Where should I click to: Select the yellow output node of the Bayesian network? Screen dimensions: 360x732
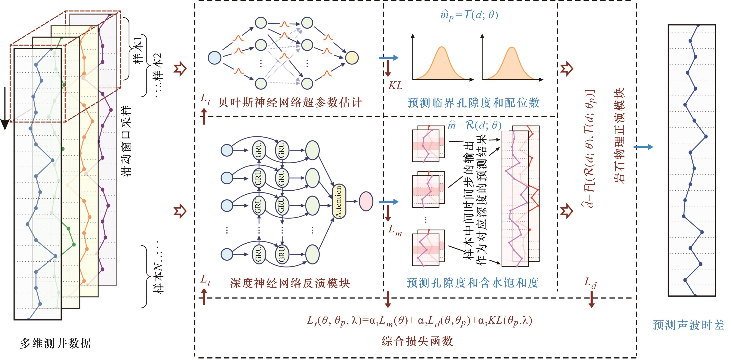click(x=352, y=58)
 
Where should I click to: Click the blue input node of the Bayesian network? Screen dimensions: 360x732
click(x=215, y=58)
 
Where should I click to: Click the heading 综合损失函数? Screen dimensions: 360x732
click(x=417, y=341)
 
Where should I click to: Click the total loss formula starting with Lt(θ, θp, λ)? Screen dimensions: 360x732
click(x=419, y=321)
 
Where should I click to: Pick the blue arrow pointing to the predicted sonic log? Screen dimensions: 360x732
click(x=643, y=147)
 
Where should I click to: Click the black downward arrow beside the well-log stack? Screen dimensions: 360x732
click(x=5, y=108)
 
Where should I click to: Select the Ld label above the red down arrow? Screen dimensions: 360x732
click(x=591, y=283)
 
